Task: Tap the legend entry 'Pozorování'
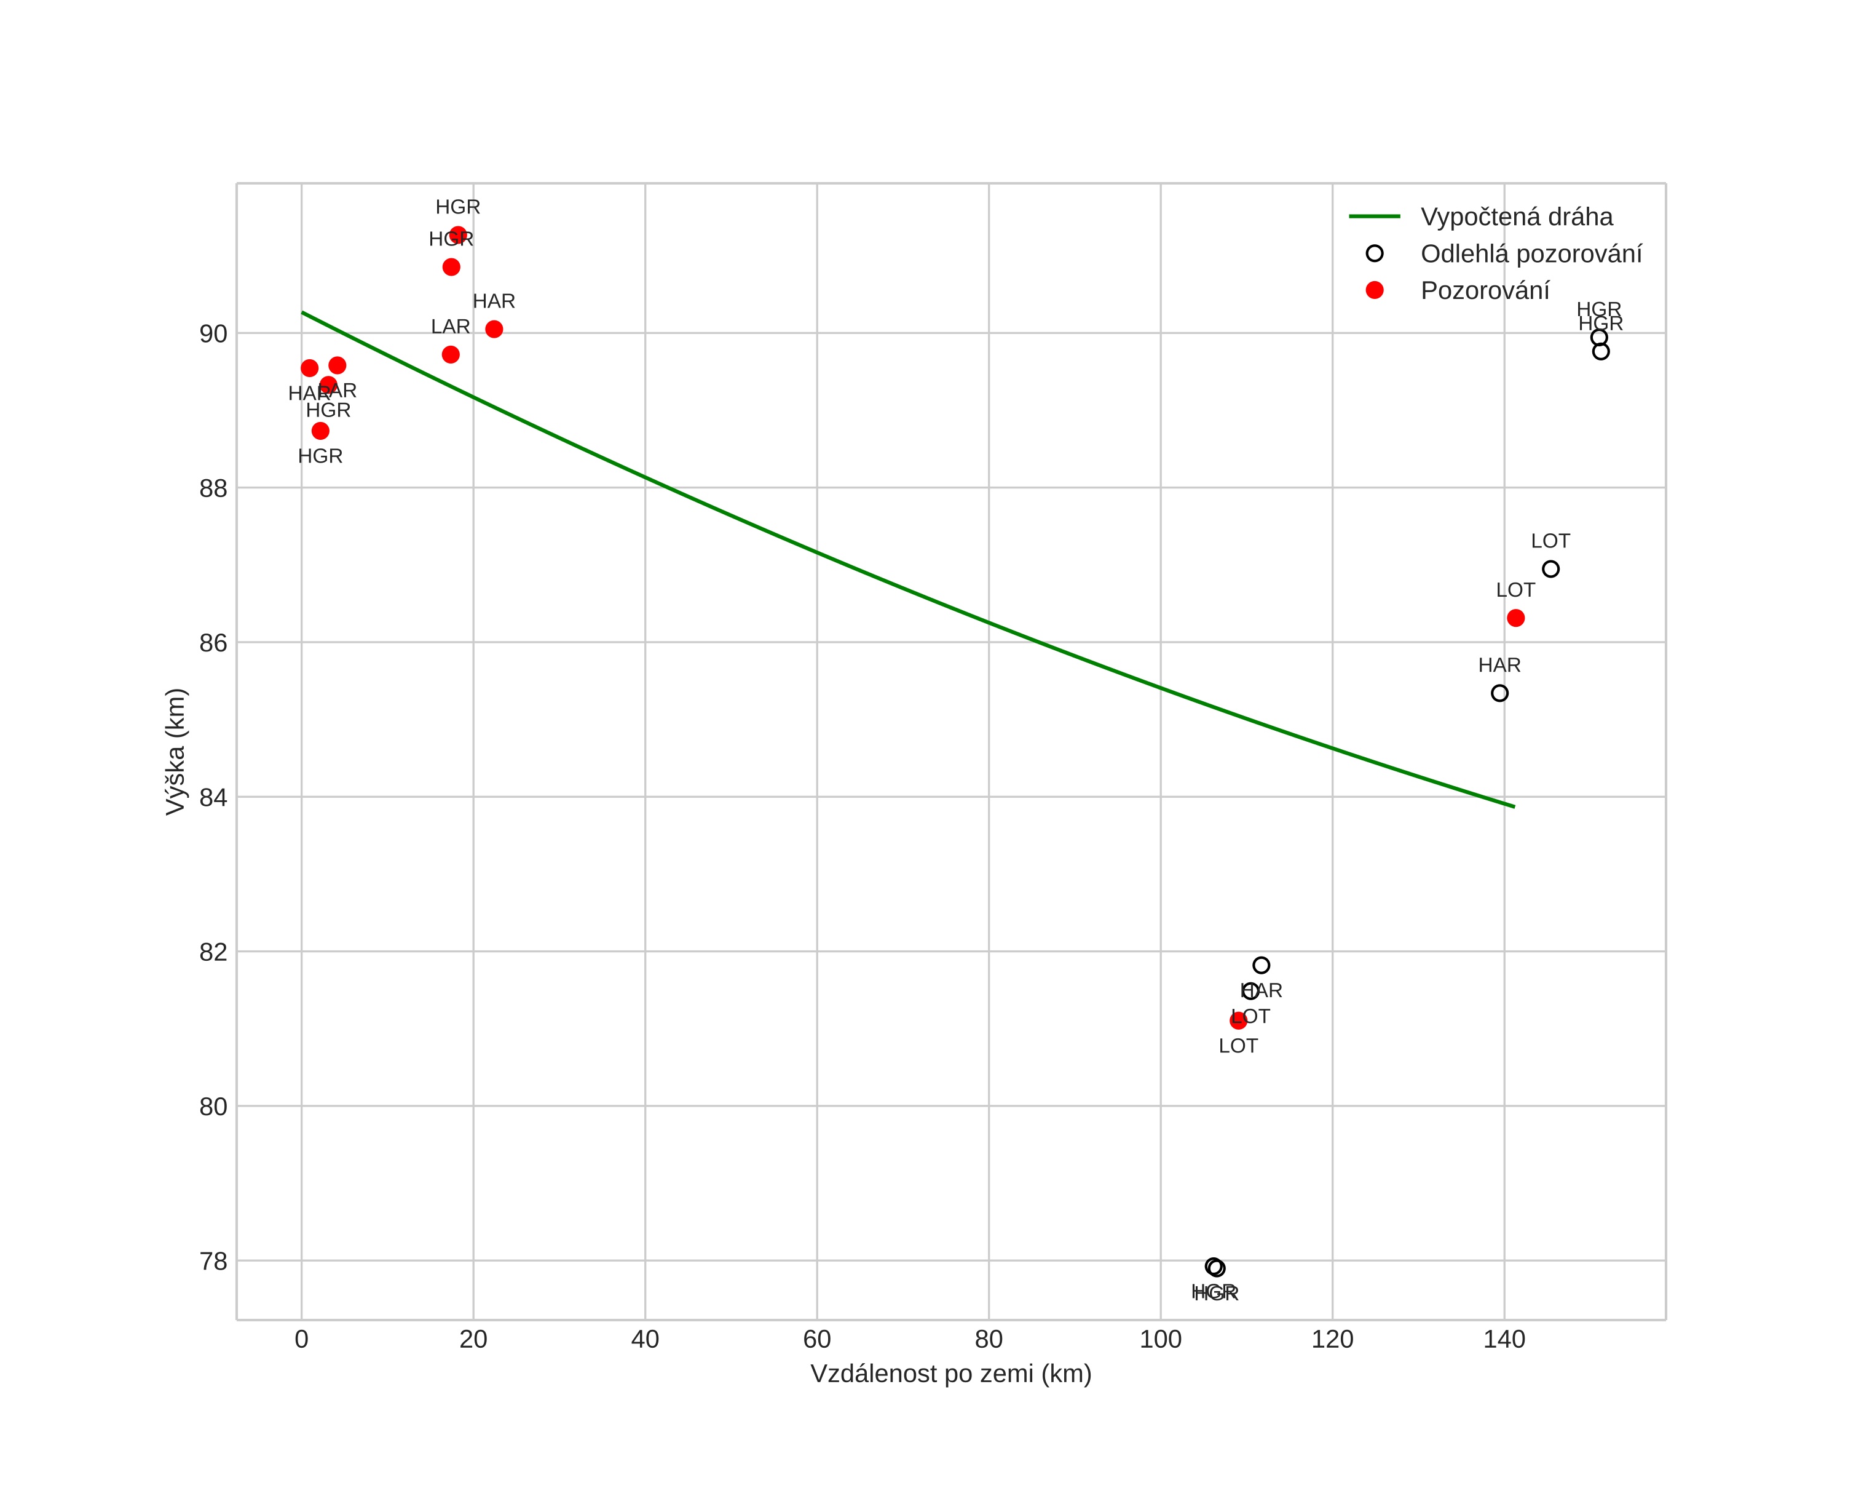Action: (x=1484, y=291)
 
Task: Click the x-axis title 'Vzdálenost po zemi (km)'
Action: (x=950, y=1374)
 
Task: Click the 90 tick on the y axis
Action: (x=213, y=334)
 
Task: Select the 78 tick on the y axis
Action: (x=213, y=1262)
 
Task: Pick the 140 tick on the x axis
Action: (x=1504, y=1340)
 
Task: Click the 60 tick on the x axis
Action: (x=817, y=1340)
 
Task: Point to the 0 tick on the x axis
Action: (x=301, y=1340)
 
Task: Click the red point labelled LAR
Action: (x=450, y=355)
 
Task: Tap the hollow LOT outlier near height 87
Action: (x=1550, y=569)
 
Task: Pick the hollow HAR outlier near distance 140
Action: (x=1499, y=693)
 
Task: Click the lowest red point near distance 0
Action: (x=320, y=431)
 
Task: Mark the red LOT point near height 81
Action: (x=1238, y=1021)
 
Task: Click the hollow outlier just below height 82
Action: (x=1261, y=965)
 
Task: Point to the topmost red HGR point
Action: (x=458, y=235)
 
